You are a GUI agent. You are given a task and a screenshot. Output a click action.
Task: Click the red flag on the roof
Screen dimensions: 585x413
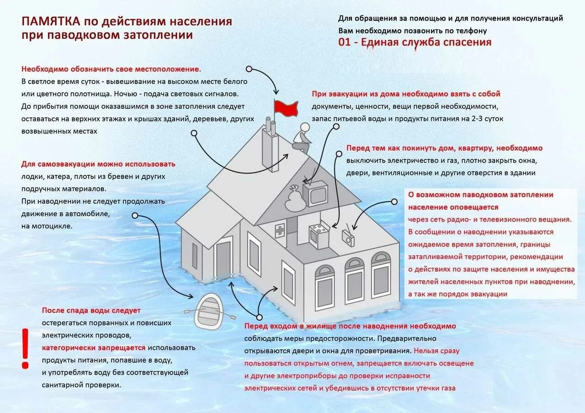(286, 108)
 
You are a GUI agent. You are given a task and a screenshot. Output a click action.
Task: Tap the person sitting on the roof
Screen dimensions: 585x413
(301, 138)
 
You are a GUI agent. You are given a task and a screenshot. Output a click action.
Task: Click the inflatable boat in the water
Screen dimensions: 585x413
(208, 312)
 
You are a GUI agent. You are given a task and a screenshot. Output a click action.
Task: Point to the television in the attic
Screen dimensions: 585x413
(315, 193)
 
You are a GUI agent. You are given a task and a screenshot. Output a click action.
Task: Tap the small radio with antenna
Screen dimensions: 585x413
(348, 237)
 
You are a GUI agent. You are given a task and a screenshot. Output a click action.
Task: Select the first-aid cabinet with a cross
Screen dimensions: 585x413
(280, 230)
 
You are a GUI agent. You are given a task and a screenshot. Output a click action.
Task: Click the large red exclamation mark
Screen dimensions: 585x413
(25, 349)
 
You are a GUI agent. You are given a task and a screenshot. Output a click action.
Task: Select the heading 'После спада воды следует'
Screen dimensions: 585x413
(91, 311)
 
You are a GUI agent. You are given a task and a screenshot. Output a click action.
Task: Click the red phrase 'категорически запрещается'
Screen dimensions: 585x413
(94, 348)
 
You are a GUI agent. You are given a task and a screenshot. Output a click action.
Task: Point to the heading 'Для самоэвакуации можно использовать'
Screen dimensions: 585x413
(98, 164)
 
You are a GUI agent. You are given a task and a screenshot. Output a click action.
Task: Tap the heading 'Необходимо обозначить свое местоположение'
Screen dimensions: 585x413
(111, 69)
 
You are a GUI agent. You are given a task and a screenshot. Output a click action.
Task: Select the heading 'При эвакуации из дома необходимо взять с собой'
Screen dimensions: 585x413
(406, 94)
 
